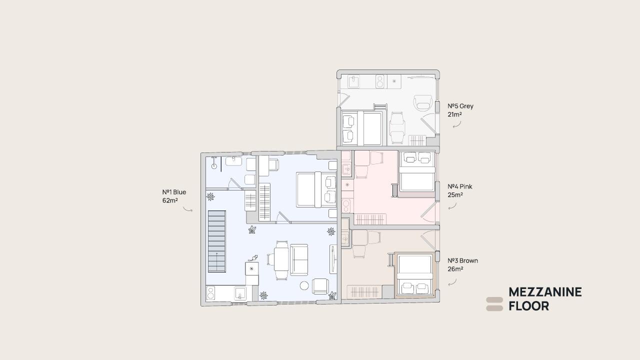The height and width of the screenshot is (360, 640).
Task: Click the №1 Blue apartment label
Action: pos(174,192)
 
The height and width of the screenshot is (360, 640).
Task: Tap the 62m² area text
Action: pos(170,200)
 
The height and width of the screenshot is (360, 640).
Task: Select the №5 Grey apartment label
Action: pos(460,106)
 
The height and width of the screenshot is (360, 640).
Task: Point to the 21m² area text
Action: pos(455,114)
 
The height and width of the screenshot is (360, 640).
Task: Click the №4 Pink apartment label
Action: pos(459,186)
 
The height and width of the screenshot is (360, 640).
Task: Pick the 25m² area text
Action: pos(455,195)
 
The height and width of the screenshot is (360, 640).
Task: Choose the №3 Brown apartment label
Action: pos(462,260)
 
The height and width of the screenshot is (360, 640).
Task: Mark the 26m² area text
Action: pos(455,269)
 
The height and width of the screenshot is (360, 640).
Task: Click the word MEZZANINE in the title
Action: pos(545,292)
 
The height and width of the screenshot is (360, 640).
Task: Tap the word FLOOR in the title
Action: pos(529,306)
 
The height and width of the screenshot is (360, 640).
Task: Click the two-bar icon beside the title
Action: pos(494,304)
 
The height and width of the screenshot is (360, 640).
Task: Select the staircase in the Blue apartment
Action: pos(217,241)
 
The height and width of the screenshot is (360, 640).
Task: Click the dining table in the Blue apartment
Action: pos(281,259)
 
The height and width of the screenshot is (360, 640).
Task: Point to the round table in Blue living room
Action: pos(304,285)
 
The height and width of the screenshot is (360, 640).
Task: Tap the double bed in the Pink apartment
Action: pos(417,171)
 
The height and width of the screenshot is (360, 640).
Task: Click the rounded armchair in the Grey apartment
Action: pos(422,103)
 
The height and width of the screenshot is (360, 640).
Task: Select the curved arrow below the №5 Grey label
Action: pos(457,124)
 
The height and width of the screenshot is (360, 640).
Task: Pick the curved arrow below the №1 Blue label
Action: pos(187,209)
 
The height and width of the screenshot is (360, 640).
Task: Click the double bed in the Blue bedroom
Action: pos(316,189)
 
